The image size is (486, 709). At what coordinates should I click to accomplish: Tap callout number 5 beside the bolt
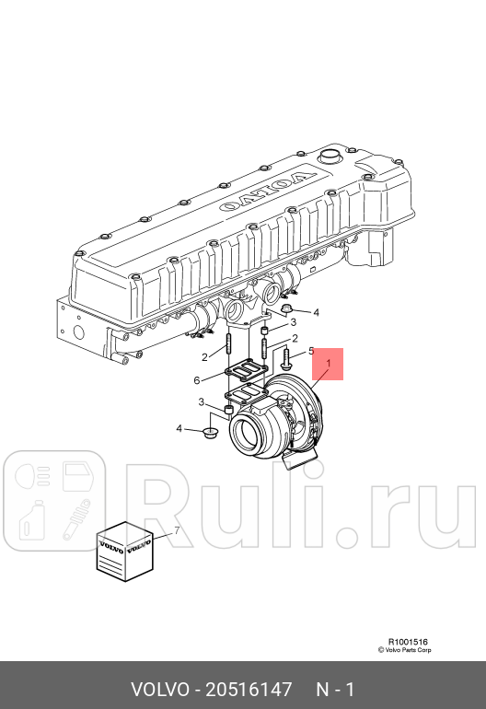pos(311,351)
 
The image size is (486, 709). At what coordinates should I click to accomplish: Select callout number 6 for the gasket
pos(196,380)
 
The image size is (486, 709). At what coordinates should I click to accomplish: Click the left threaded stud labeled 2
pos(226,348)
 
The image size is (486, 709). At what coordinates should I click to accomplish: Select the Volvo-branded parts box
pos(124,552)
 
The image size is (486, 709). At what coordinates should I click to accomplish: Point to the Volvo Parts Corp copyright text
pos(403,650)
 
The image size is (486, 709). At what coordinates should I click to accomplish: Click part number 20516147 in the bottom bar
pos(251,689)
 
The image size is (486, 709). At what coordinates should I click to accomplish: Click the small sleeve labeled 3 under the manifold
pos(264,330)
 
